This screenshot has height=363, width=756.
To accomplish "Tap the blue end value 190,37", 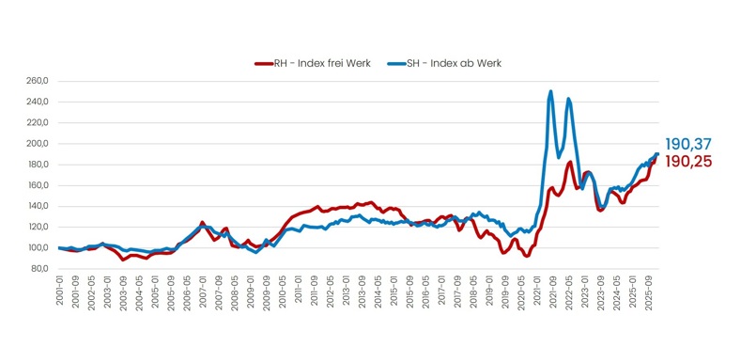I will click(688, 144).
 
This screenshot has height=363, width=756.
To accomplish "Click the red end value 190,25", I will click(688, 161).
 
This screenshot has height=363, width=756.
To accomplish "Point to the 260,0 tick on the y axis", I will click(38, 81).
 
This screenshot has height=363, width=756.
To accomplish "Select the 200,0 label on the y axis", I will click(38, 144).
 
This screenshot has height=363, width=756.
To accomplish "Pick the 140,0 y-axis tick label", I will click(38, 206).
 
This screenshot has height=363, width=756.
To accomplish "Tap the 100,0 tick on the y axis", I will click(38, 248).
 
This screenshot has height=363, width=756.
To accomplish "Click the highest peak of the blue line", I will click(550, 91).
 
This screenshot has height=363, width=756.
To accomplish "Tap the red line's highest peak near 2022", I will click(570, 162).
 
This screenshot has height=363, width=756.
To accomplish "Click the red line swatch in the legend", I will click(262, 63).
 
